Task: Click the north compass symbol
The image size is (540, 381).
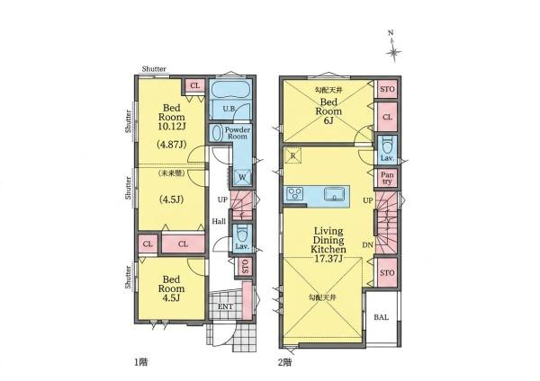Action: pos(393,48)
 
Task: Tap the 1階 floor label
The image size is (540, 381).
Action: pos(141,362)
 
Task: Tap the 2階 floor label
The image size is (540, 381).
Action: pos(285,362)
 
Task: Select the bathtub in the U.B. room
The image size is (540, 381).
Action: pos(229,90)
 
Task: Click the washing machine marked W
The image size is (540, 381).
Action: pos(242,177)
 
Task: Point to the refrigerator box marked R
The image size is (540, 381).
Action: pos(293,155)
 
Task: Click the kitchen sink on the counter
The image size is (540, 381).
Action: pos(334,194)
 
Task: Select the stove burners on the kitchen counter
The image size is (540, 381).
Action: pos(295,193)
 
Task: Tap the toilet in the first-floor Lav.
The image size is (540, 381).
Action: pos(243,234)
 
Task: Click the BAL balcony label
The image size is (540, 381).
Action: pos(382,317)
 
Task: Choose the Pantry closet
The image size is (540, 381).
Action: pos(387,179)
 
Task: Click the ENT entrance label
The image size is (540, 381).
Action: pos(226,306)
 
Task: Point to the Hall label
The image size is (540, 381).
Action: pos(219,221)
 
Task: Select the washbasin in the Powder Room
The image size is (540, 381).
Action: pos(217,133)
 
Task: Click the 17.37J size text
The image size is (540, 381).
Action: pos(328,259)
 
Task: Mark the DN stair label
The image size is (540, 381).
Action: pos(367,245)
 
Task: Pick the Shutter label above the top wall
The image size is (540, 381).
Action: pos(154,69)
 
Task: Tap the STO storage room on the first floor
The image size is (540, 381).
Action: pos(245,266)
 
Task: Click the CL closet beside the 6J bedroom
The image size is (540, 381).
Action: pos(387,117)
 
